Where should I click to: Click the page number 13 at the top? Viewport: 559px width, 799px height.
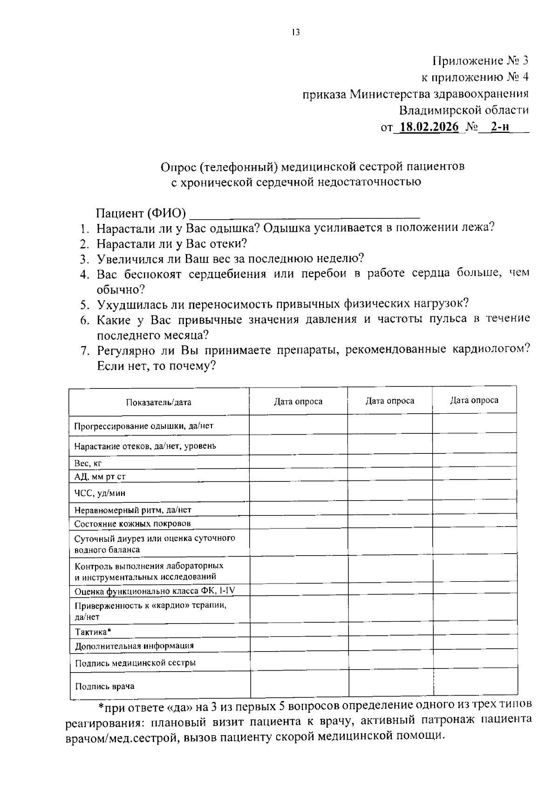click(295, 32)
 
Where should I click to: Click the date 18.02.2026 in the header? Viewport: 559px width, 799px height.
click(429, 127)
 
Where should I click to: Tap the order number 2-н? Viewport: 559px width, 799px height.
click(500, 127)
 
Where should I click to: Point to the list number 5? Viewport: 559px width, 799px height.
click(84, 305)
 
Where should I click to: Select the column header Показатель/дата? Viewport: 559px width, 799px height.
click(158, 402)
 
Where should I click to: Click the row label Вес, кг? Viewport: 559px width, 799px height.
click(88, 463)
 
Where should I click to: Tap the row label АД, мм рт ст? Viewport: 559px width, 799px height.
click(100, 477)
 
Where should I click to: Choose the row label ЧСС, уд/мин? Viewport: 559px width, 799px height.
click(100, 493)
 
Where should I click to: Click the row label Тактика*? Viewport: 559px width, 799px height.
click(93, 632)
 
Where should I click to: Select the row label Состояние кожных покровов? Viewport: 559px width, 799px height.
click(132, 524)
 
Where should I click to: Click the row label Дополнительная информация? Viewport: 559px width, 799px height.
click(134, 646)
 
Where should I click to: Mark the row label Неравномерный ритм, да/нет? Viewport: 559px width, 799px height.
click(133, 510)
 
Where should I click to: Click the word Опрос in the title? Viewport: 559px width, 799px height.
click(177, 167)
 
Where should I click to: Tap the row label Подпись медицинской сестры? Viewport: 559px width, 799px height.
click(135, 662)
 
